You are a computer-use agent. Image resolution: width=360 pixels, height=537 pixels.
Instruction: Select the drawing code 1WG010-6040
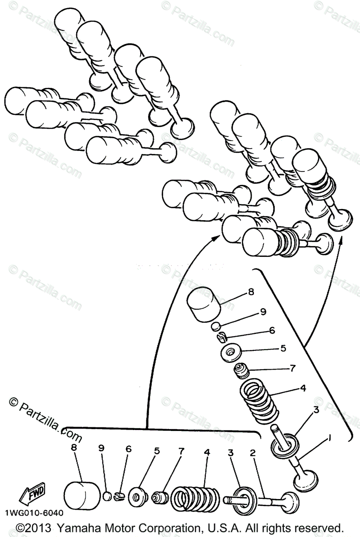click(34, 513)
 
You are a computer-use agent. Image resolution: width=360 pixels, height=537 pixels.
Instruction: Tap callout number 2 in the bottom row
click(253, 453)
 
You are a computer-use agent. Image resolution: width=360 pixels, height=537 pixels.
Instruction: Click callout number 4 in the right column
click(303, 388)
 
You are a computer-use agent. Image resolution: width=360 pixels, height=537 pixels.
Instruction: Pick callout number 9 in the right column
click(263, 311)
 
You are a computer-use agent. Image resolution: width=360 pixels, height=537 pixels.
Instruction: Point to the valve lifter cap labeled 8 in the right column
click(205, 305)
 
